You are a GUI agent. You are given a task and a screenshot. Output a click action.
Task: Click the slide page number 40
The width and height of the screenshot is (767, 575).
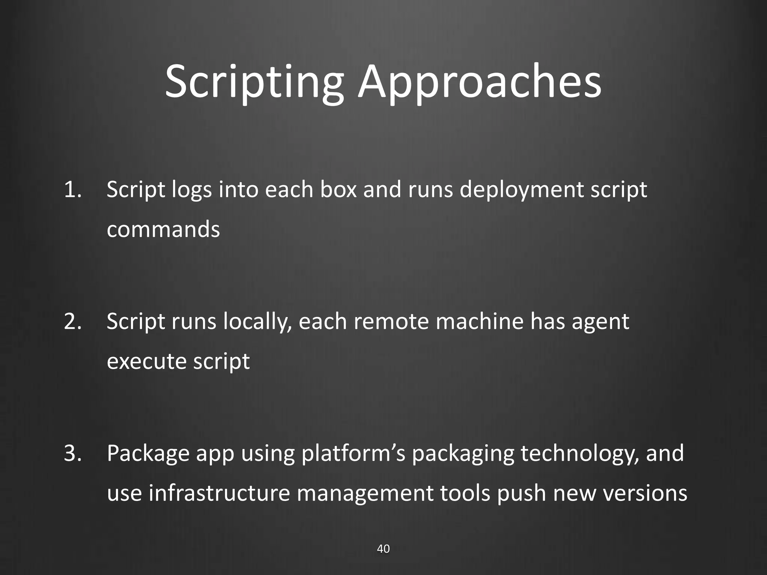[383, 549]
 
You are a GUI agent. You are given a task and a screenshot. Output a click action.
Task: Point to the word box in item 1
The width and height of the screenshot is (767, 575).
[338, 189]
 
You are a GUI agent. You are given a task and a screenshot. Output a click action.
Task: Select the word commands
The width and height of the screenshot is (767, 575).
[163, 229]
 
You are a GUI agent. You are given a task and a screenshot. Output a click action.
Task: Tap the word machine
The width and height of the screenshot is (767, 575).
[479, 321]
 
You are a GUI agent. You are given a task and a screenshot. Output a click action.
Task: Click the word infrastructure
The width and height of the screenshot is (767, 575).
[219, 493]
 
